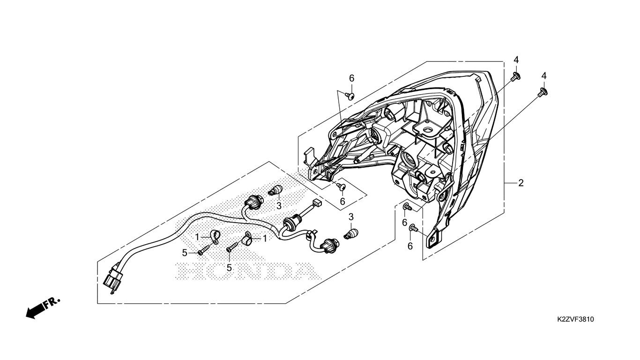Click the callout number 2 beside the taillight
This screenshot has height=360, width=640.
[521, 183]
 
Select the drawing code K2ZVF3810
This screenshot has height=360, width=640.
[575, 319]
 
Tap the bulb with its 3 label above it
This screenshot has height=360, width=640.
[350, 233]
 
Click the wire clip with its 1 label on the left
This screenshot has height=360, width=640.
[214, 237]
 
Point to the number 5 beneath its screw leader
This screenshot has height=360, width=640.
[229, 268]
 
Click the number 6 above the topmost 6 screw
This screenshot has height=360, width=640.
[352, 78]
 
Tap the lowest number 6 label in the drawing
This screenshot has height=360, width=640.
[410, 246]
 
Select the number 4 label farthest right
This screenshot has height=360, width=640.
[544, 76]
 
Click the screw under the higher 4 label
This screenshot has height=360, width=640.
[515, 76]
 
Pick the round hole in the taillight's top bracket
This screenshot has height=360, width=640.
[428, 130]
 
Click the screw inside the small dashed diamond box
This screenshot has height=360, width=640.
[342, 187]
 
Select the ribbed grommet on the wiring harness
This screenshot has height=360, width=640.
[291, 223]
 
